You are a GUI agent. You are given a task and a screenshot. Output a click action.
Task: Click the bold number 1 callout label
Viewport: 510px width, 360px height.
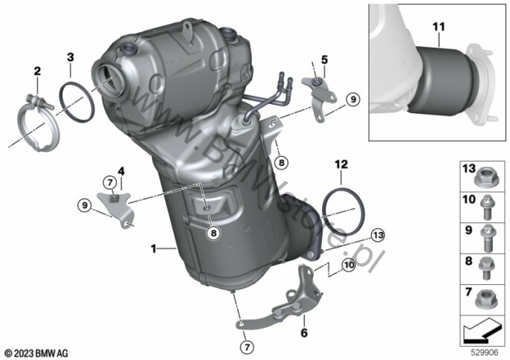coord(153,249)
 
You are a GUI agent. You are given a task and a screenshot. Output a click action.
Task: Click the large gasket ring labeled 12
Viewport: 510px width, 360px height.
coord(343,212)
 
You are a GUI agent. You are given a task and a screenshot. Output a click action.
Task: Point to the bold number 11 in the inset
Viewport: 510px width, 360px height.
coord(439,27)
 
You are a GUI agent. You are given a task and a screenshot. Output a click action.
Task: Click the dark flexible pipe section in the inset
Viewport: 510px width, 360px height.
coord(444,81)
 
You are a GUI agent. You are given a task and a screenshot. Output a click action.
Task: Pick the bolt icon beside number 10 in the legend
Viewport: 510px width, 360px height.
coord(487,207)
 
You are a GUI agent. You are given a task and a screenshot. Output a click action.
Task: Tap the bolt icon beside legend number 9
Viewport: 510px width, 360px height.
coord(487,239)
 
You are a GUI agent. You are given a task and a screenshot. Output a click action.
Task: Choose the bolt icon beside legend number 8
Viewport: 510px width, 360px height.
coord(486,269)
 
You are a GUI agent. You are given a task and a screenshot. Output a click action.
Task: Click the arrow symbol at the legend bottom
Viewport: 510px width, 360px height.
coord(482,331)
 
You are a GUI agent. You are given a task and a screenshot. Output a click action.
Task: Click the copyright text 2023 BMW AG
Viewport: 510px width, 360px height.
coord(36,353)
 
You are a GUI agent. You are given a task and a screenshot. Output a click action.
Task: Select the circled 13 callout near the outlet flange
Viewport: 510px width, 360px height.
coord(378,235)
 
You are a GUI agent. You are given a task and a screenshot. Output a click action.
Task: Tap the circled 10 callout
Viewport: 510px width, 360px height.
coord(349,265)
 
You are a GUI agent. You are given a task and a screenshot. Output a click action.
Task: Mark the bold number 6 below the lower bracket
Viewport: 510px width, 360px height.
coord(304,332)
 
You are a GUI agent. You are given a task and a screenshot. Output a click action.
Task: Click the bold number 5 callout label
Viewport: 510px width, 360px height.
coord(324,60)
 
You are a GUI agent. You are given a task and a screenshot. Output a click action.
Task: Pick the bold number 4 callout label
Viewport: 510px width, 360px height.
coord(121,171)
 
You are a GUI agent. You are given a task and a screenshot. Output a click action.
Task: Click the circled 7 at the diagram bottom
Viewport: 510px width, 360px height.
coord(247,347)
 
